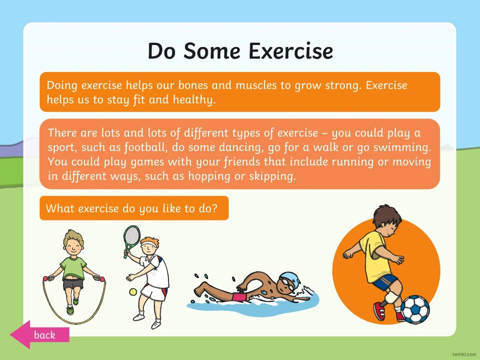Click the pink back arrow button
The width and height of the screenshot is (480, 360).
[x=40, y=334]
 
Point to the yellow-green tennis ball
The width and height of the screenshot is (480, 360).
[x=133, y=292]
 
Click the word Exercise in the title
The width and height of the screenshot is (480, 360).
[x=291, y=51]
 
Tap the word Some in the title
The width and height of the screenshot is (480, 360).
[x=211, y=51]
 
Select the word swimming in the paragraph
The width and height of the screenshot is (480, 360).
[x=402, y=147]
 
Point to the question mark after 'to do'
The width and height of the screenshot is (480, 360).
[x=214, y=208]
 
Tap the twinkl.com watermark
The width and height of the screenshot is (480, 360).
[x=464, y=354]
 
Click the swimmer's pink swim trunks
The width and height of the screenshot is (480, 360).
[x=239, y=297]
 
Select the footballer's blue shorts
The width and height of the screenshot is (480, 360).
[x=384, y=283]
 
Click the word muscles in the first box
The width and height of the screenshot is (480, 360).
[x=256, y=85]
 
